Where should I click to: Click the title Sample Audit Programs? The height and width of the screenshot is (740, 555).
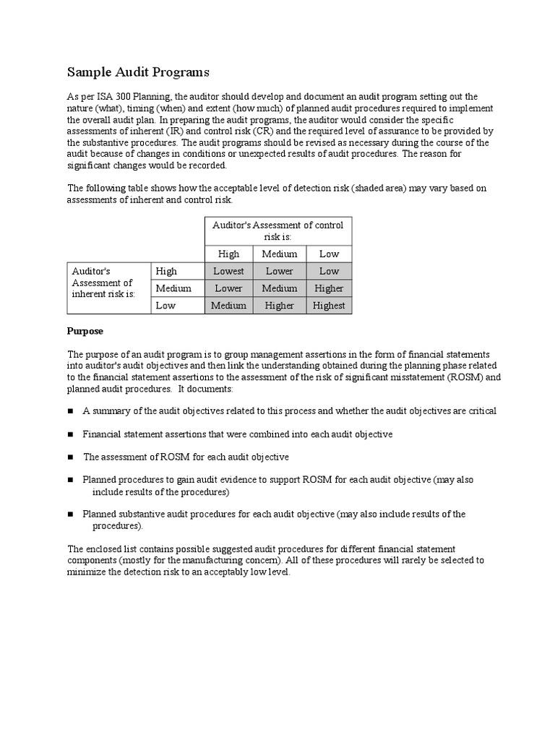click(x=138, y=72)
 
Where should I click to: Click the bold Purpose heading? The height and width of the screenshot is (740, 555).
click(x=85, y=331)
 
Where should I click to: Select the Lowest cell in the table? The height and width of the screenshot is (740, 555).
click(x=228, y=271)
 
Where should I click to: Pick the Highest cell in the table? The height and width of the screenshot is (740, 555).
click(x=329, y=306)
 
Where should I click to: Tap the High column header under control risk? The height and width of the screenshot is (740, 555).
click(x=228, y=254)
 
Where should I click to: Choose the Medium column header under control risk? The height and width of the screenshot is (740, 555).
click(x=279, y=254)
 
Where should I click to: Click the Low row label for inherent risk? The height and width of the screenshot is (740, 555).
click(x=165, y=306)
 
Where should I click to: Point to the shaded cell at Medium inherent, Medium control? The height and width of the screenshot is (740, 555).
click(x=279, y=288)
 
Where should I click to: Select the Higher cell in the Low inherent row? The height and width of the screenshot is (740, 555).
click(x=279, y=306)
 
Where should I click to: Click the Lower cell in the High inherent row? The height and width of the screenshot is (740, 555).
click(x=279, y=271)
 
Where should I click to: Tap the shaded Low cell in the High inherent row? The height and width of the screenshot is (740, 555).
click(x=329, y=271)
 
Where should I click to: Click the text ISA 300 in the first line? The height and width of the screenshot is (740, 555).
click(x=116, y=97)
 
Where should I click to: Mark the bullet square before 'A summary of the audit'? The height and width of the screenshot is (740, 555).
click(x=71, y=411)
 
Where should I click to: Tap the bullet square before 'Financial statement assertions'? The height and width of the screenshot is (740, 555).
click(x=71, y=434)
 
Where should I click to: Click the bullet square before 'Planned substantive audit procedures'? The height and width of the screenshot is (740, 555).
click(x=71, y=515)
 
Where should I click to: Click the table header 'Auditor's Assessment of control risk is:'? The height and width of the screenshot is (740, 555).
click(x=278, y=231)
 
